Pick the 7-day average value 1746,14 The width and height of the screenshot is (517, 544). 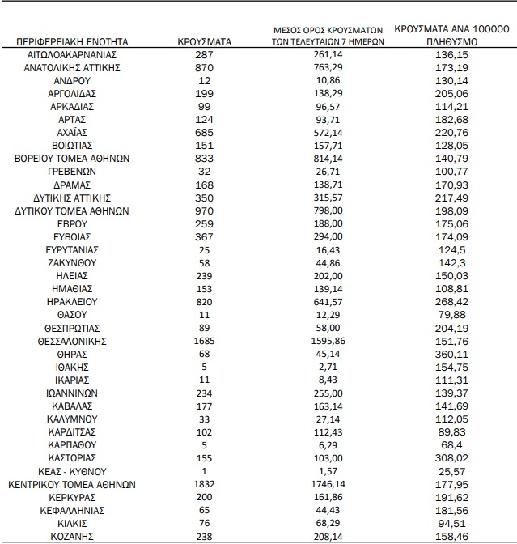[324, 485]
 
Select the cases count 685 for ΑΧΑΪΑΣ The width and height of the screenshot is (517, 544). [204, 132]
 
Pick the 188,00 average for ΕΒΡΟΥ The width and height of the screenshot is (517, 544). [324, 223]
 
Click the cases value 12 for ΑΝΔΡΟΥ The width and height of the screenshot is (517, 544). [204, 80]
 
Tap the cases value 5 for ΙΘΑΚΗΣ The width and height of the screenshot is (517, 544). [204, 367]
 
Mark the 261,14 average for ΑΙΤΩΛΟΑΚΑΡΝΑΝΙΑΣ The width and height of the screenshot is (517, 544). [324, 54]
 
